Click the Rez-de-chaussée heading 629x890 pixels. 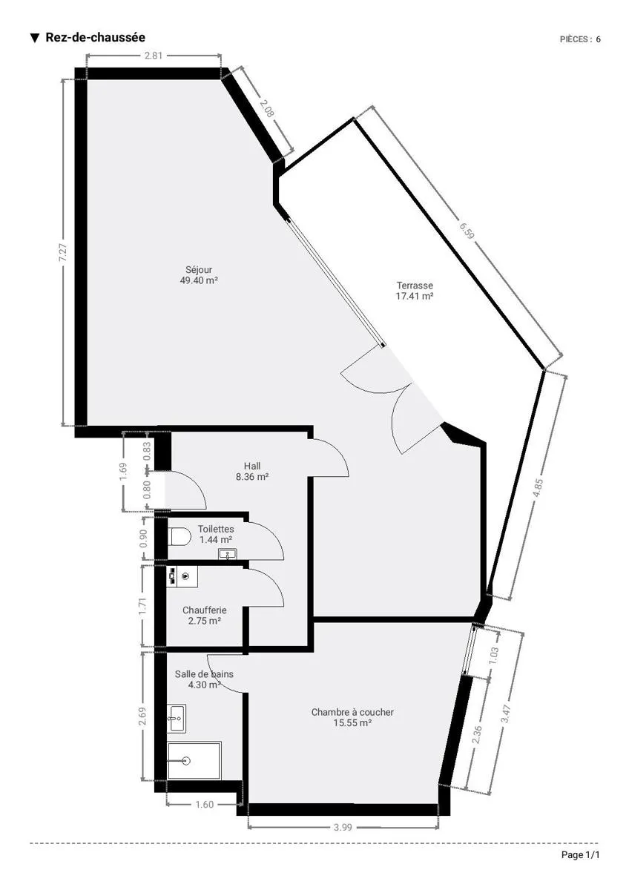click(x=96, y=37)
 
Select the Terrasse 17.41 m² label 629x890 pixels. click(x=415, y=291)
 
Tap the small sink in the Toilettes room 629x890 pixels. click(x=228, y=554)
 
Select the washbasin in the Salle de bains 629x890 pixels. click(x=176, y=719)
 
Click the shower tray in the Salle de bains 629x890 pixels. click(x=194, y=760)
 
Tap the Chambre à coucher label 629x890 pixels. click(x=352, y=717)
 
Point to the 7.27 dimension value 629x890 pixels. click(x=63, y=252)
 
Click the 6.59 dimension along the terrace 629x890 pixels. click(x=467, y=231)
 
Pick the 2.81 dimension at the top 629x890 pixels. click(x=154, y=56)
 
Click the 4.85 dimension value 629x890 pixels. click(x=538, y=488)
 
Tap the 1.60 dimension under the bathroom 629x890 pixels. click(x=205, y=805)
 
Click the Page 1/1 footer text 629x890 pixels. click(x=580, y=855)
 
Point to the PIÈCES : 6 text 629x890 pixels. click(x=580, y=39)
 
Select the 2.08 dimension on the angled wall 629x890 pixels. click(x=267, y=108)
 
